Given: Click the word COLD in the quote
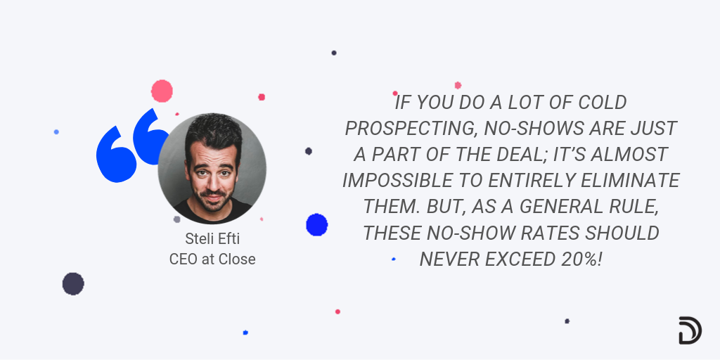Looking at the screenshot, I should click(598, 103).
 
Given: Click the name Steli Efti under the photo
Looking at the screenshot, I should click(212, 240).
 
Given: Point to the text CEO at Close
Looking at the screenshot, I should click(212, 259).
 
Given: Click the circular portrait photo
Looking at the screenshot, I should click(212, 169).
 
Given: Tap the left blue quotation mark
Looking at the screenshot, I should click(117, 153).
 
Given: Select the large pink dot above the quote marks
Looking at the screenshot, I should click(162, 91).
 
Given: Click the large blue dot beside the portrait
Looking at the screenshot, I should click(316, 224).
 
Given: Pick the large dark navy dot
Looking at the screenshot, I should click(73, 283).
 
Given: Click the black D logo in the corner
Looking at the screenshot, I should click(689, 330).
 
